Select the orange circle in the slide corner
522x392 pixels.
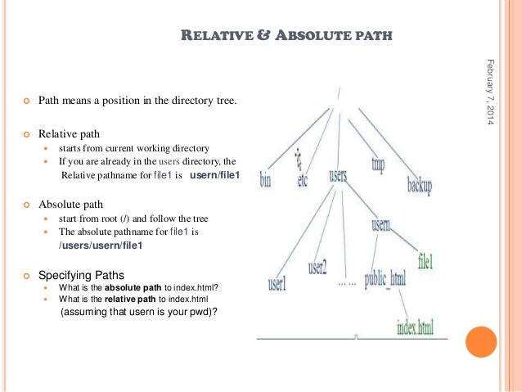481,342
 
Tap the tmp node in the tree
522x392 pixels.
377,164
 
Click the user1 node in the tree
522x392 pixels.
277,285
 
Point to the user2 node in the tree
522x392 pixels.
317,267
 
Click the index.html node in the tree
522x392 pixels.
416,329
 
